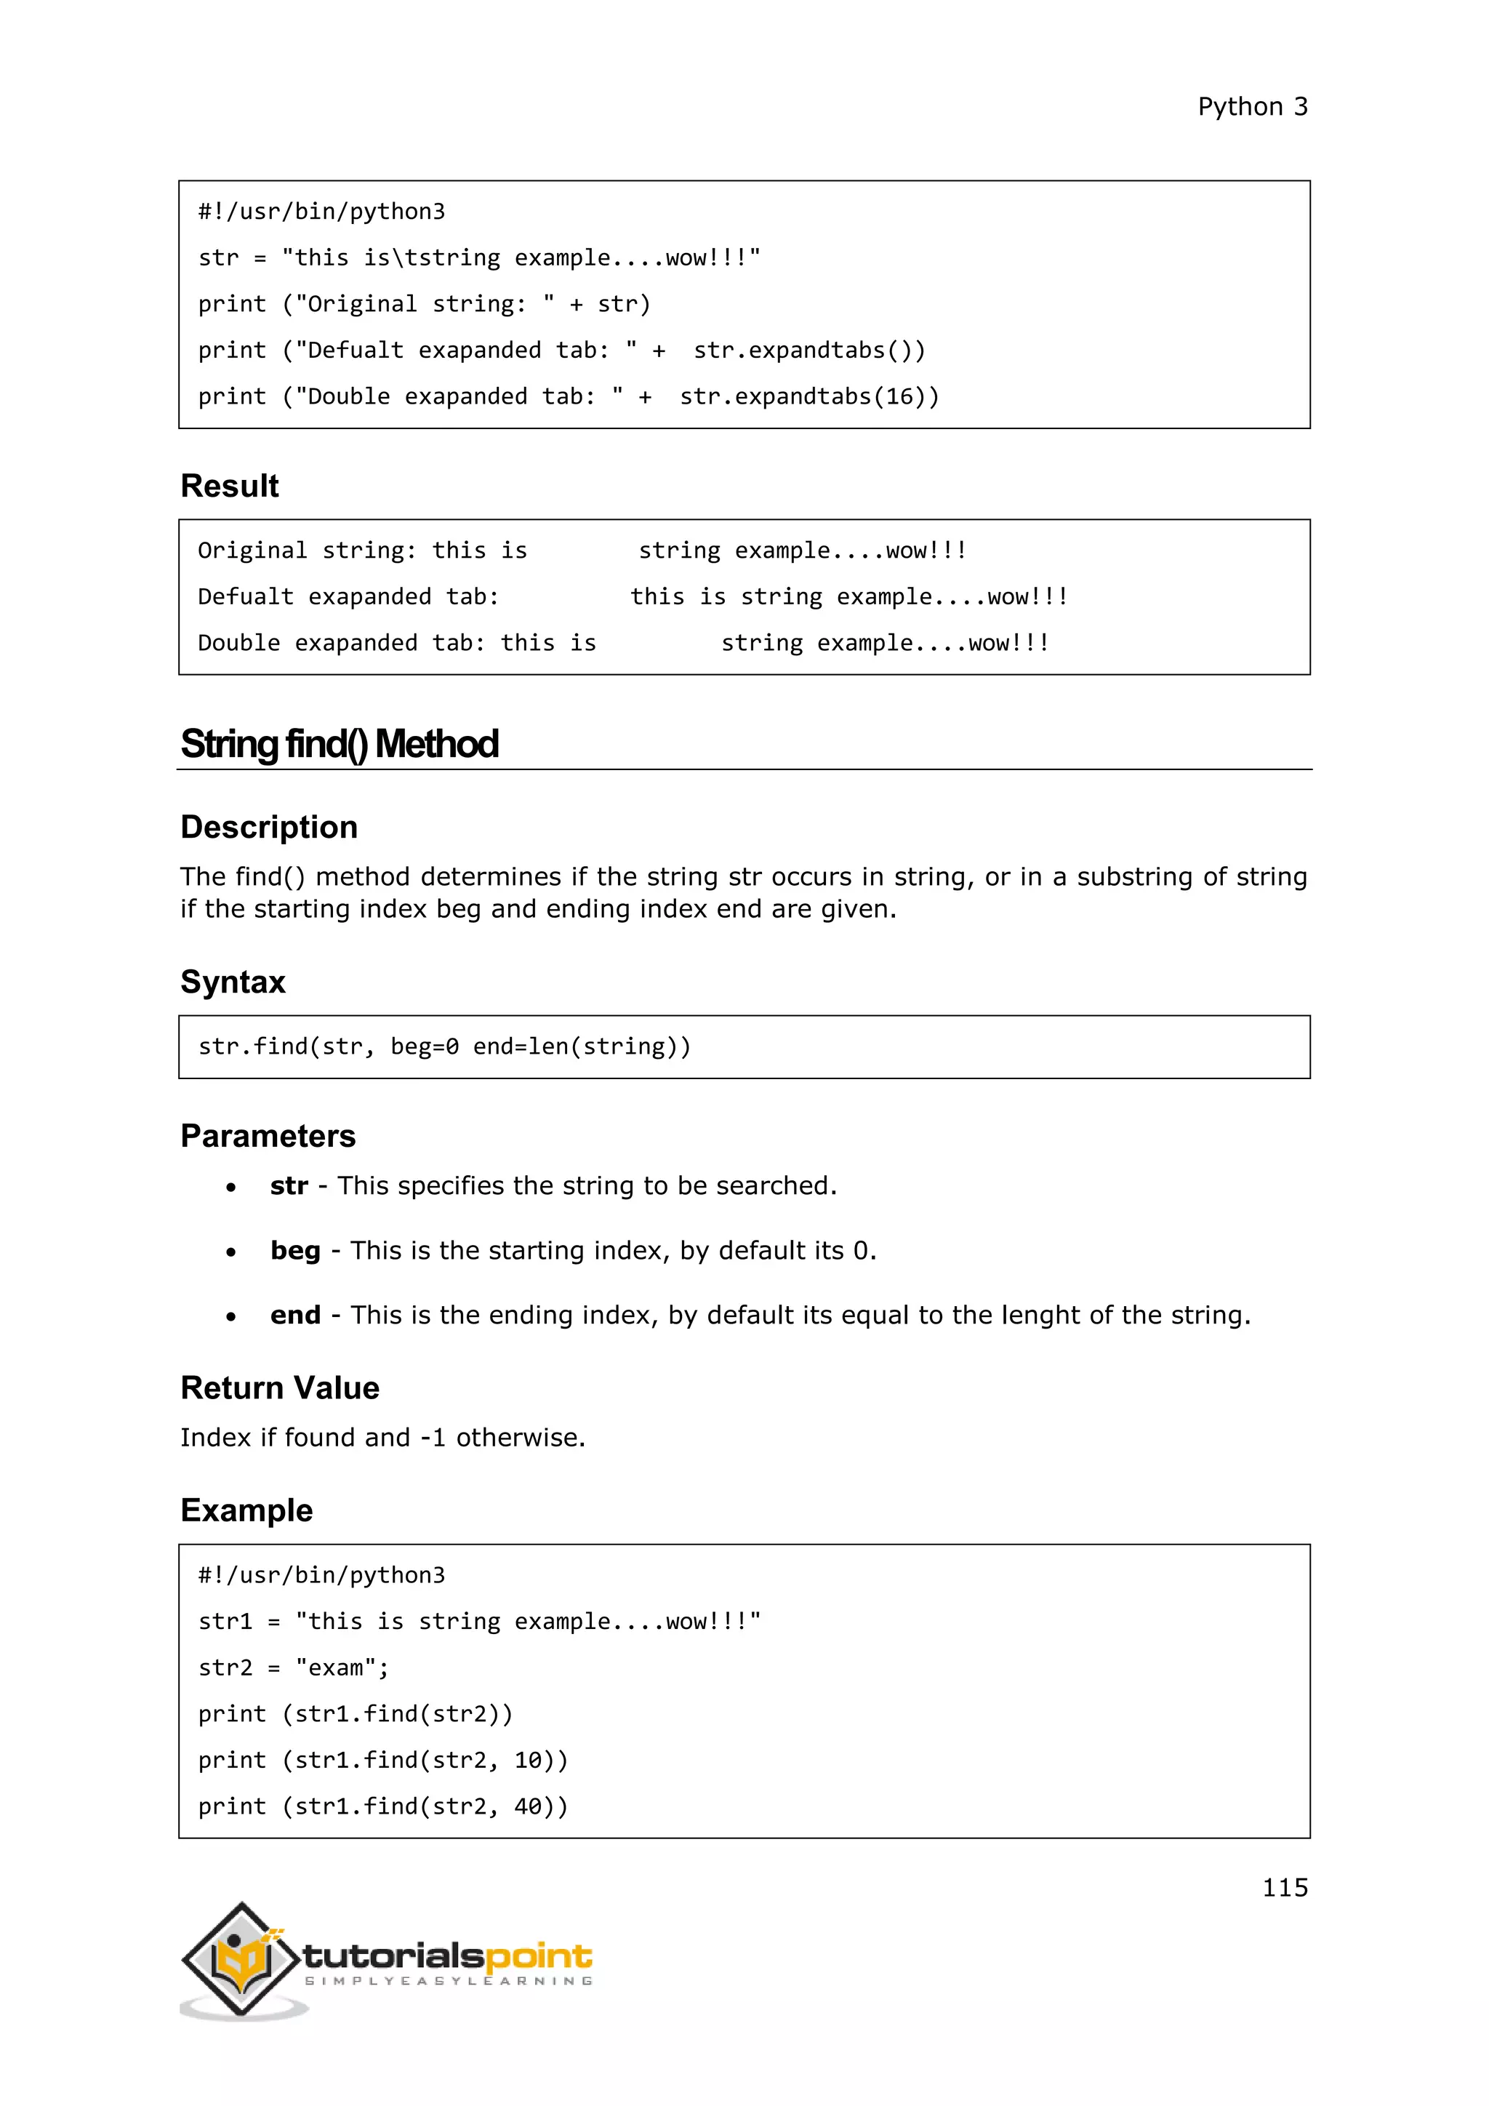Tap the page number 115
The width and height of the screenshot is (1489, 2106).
(1284, 1887)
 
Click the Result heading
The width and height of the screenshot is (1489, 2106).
(229, 487)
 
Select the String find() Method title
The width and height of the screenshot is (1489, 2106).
(340, 744)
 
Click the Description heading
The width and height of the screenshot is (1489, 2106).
(268, 828)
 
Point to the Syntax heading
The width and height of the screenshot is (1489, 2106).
(233, 982)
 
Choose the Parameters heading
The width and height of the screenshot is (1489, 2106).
(268, 1137)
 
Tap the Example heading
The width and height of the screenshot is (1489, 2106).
(246, 1510)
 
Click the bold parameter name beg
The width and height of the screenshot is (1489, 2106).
(295, 1251)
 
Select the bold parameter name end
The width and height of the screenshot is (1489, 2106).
(295, 1316)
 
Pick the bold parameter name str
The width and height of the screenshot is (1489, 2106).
(289, 1186)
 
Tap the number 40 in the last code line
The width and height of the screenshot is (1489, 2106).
(527, 1806)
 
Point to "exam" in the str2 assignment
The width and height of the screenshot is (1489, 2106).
(336, 1667)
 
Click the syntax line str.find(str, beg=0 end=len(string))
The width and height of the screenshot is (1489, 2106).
(445, 1046)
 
